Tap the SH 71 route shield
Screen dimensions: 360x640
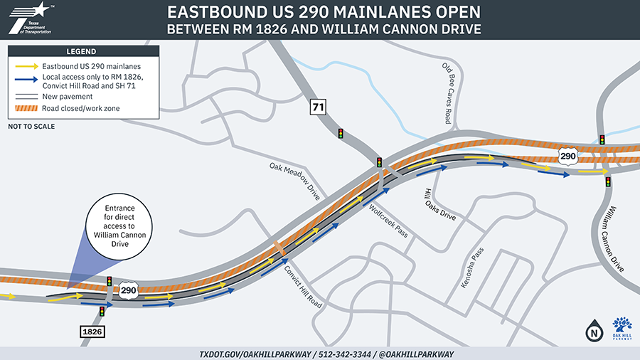click(x=317, y=107)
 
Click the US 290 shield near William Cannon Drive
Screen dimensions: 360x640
click(x=567, y=155)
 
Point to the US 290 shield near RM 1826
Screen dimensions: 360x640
click(x=129, y=290)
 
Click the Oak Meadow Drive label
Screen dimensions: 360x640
click(x=296, y=181)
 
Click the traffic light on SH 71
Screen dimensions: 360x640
click(x=341, y=133)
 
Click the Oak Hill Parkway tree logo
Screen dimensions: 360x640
click(x=622, y=327)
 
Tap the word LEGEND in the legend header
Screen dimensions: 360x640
click(x=82, y=51)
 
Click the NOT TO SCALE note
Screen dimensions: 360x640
click(x=31, y=127)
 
